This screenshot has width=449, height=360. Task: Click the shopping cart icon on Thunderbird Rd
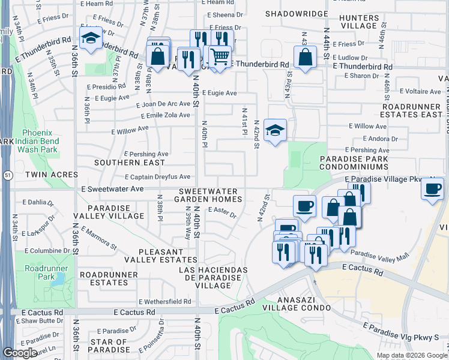(220, 56)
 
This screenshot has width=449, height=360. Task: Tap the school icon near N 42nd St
(275, 130)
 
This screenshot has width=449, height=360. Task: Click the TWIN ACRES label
(52, 174)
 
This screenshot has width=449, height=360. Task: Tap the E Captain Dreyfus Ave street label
(157, 176)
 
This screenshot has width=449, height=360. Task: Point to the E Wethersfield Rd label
(164, 302)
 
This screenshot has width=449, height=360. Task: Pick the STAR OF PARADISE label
(109, 345)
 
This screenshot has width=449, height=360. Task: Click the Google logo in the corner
(20, 352)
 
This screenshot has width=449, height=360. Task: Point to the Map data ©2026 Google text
(411, 355)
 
